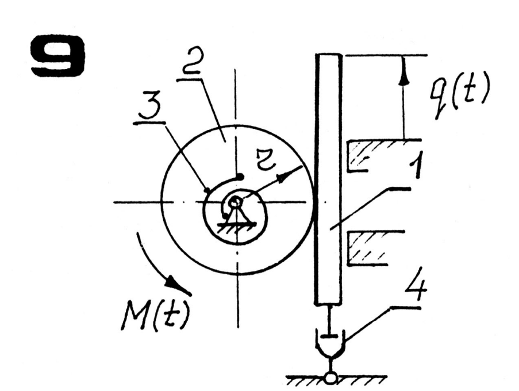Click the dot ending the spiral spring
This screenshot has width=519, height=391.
click(241, 177)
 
